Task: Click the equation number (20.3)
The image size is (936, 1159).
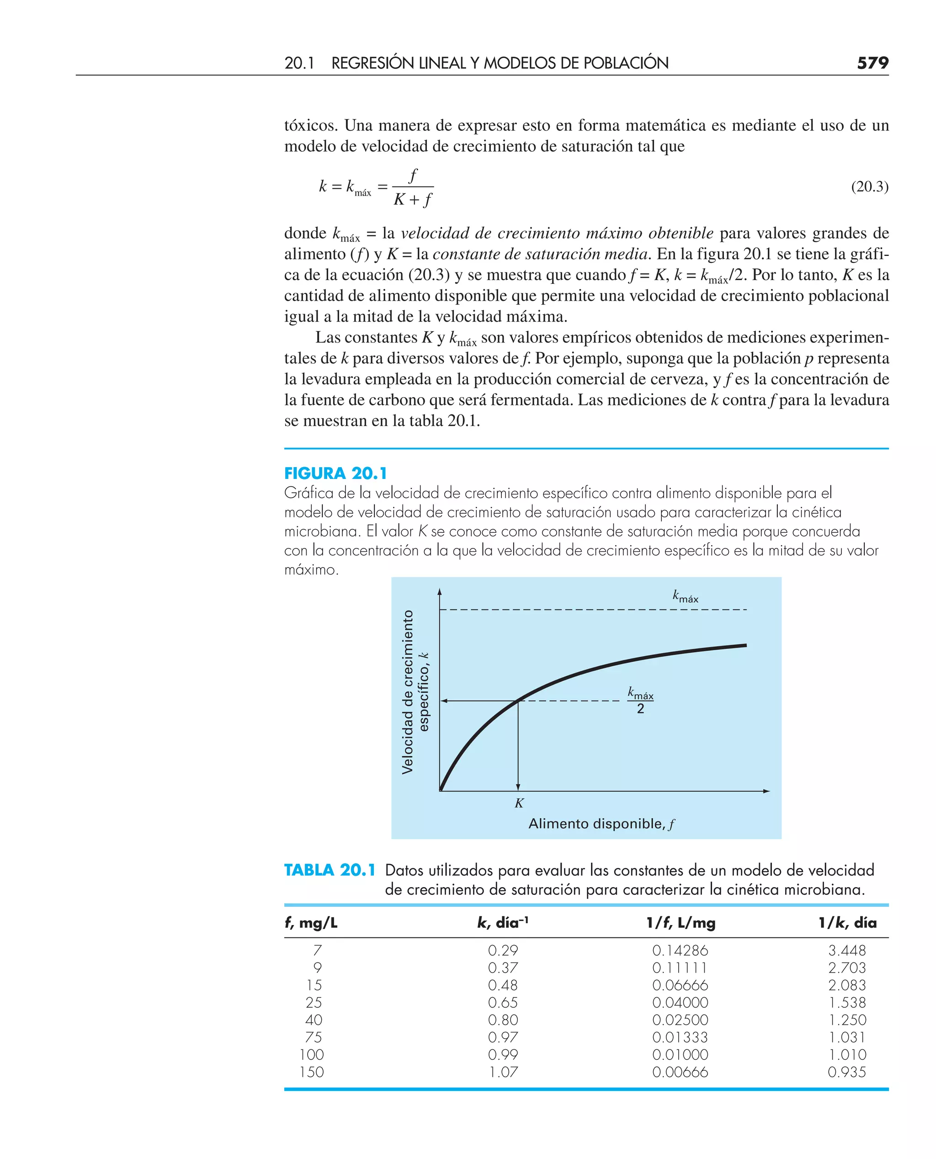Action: [869, 186]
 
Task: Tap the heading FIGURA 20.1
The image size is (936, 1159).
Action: [335, 473]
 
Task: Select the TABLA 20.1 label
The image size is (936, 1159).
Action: [330, 870]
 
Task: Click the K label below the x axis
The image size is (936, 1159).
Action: [519, 803]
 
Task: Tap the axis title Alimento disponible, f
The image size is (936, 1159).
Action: [601, 824]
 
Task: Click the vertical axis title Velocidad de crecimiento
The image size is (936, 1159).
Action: [408, 692]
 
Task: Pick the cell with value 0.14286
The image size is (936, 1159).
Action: [680, 951]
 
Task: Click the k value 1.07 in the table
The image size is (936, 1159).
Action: [503, 1072]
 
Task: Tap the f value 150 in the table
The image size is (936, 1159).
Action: [312, 1072]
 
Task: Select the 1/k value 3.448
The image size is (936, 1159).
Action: [846, 951]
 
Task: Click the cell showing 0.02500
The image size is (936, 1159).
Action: [680, 1020]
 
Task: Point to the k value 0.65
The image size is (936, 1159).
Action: [503, 1003]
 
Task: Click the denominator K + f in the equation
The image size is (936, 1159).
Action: [412, 200]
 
